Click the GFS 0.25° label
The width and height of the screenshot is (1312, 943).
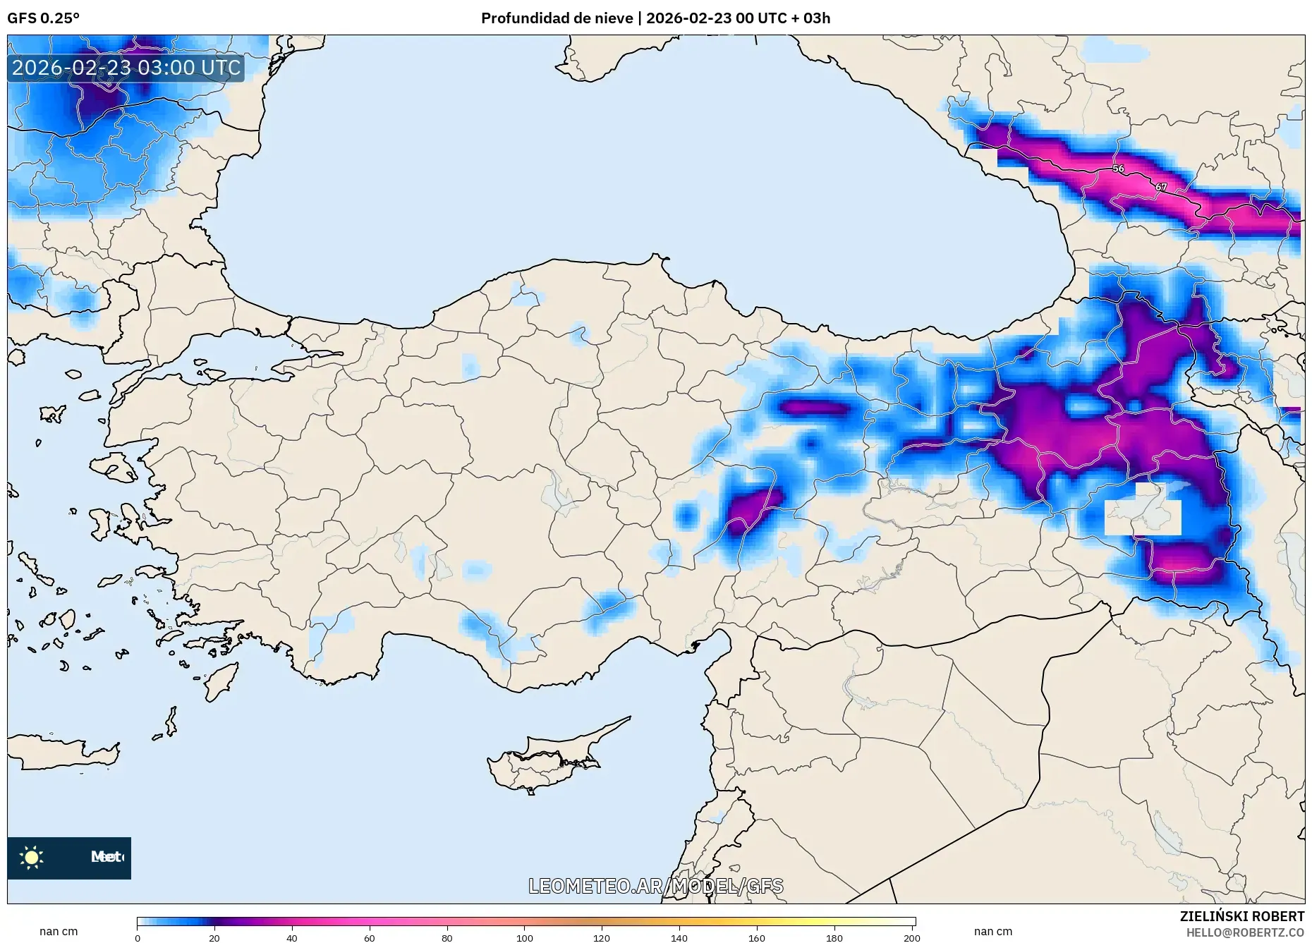(x=43, y=18)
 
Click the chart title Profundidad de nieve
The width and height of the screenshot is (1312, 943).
(x=557, y=18)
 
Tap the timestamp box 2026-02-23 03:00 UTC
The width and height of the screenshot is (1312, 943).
(x=126, y=68)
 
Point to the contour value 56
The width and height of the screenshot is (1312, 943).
(x=1118, y=169)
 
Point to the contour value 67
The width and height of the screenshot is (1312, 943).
(x=1161, y=187)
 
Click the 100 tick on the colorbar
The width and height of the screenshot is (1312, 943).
(x=524, y=937)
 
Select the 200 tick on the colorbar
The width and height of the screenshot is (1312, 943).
(x=911, y=937)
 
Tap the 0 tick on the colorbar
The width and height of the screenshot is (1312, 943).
(x=138, y=937)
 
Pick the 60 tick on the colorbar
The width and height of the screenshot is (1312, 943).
(x=370, y=937)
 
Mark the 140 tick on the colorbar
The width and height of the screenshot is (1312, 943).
(x=679, y=937)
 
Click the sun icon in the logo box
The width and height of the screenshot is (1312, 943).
(x=32, y=857)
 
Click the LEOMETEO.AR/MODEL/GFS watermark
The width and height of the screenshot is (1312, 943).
(x=655, y=886)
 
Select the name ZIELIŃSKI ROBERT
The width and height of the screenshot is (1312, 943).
(x=1241, y=916)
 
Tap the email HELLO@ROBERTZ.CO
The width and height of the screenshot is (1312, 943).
(x=1244, y=932)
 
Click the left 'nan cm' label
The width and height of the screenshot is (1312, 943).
(x=59, y=931)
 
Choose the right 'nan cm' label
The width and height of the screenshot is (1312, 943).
(x=992, y=931)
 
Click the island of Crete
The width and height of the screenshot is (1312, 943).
(x=63, y=753)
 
